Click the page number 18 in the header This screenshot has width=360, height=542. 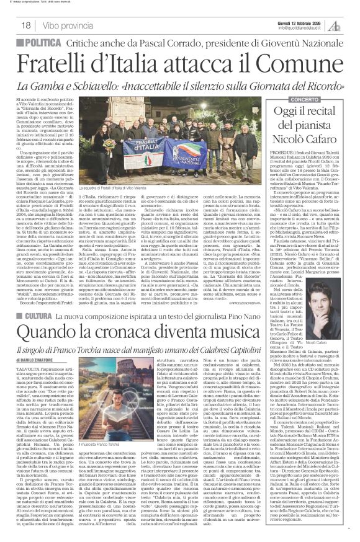click(26, 25)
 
